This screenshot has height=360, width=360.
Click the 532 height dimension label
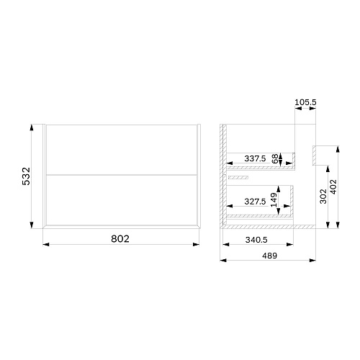(x=26, y=176)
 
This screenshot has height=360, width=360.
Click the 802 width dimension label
(x=120, y=239)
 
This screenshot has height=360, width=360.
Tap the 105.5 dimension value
(x=305, y=102)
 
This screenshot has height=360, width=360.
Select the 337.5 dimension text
(x=255, y=158)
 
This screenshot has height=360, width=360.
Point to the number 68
(x=275, y=158)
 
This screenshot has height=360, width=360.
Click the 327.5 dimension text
(x=255, y=202)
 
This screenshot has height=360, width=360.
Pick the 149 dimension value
(x=274, y=199)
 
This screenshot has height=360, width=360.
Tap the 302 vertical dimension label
(x=323, y=197)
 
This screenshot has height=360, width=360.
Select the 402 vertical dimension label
(x=333, y=186)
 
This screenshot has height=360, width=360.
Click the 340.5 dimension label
(x=256, y=240)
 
